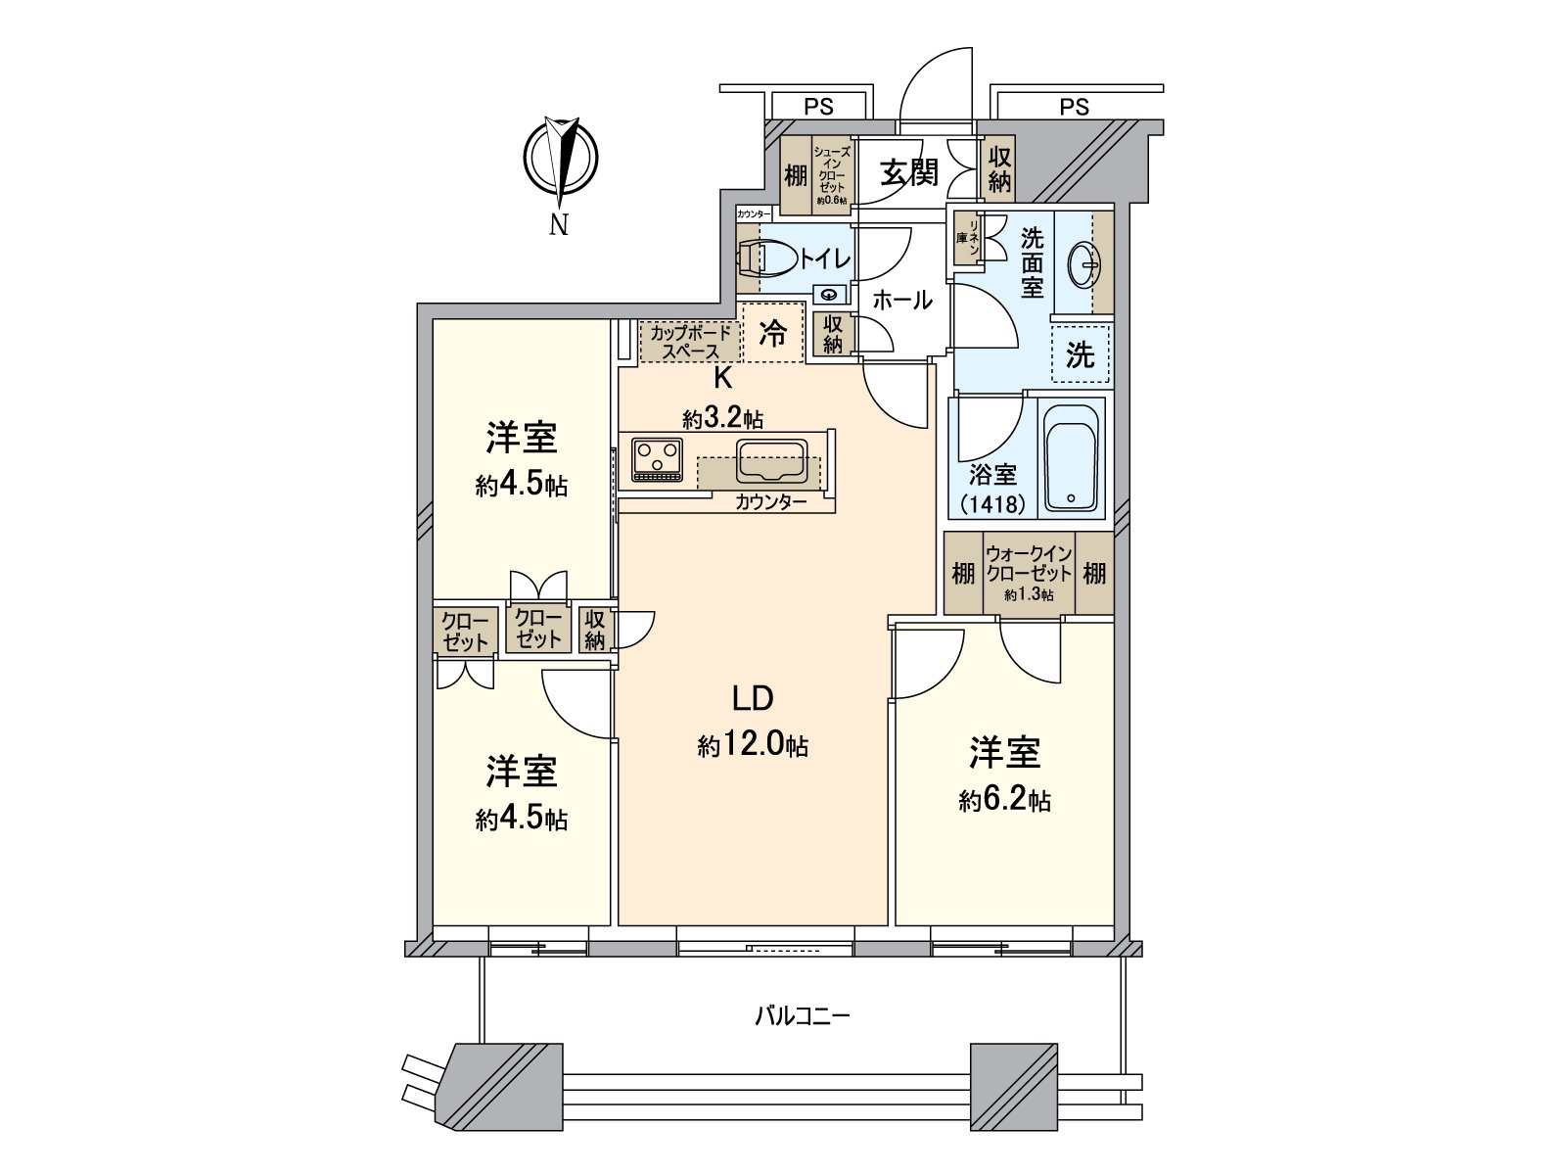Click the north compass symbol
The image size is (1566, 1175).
(561, 158)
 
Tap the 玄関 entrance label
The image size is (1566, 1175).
(908, 173)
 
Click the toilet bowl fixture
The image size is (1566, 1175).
(767, 258)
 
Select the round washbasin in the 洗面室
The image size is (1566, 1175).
(1084, 264)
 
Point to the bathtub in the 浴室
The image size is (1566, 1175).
(1070, 456)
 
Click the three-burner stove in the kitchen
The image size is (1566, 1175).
(657, 460)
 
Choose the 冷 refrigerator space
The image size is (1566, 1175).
(773, 333)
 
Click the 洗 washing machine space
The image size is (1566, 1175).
(1081, 354)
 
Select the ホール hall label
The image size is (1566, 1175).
(902, 301)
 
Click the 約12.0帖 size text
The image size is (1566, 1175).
(753, 746)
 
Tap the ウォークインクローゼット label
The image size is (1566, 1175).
(1029, 564)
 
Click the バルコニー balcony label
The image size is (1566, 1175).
(803, 1015)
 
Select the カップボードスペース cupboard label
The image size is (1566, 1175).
(691, 342)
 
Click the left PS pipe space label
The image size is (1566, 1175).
(818, 107)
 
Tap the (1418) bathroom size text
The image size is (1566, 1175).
(992, 504)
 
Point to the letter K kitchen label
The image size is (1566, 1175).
(723, 379)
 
